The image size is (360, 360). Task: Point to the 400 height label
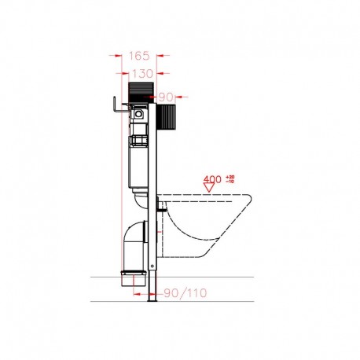pos(212,180)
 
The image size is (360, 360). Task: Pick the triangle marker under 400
pos(208,189)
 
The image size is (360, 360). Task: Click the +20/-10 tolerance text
pos(231,180)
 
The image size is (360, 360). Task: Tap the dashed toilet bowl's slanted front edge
pos(236,236)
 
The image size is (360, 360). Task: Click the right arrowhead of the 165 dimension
pos(160,56)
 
